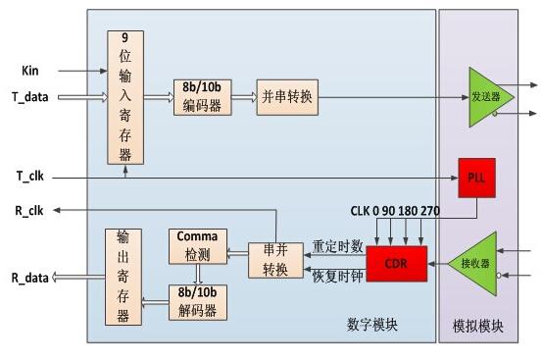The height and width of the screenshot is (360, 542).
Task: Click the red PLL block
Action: pyautogui.click(x=472, y=177)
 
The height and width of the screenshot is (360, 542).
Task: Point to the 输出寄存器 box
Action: pyautogui.click(x=123, y=277)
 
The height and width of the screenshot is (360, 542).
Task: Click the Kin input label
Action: pyautogui.click(x=31, y=71)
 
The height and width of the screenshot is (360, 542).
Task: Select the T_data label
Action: pyautogui.click(x=28, y=96)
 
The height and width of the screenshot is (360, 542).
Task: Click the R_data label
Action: pyautogui.click(x=29, y=279)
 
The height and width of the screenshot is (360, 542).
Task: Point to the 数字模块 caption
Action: pyautogui.click(x=377, y=324)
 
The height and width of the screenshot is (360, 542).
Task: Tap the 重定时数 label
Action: pyautogui.click(x=337, y=245)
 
